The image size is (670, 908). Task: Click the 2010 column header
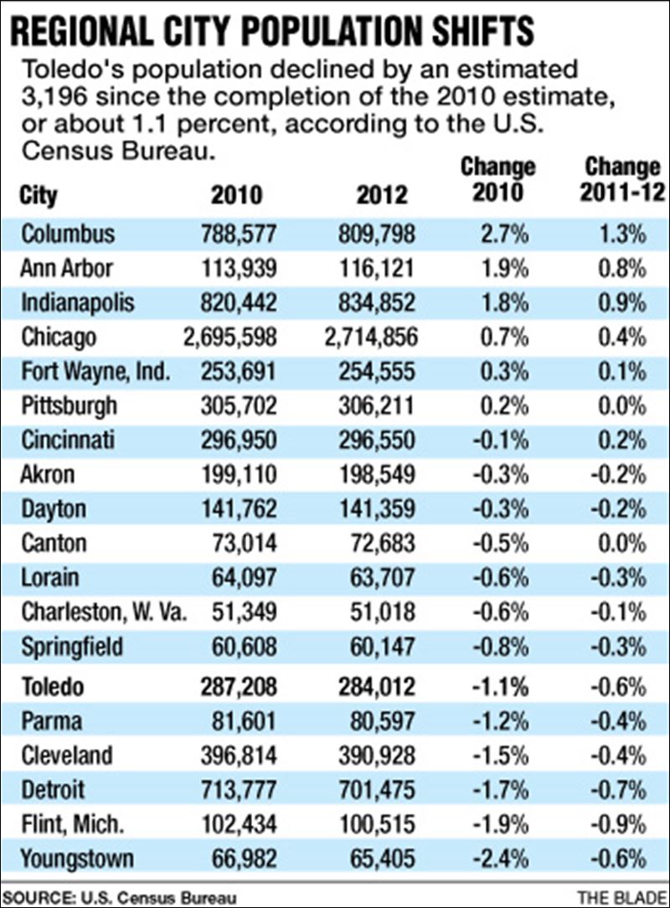[236, 195]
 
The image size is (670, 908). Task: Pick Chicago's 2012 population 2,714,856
[370, 338]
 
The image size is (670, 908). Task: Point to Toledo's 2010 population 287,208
[236, 687]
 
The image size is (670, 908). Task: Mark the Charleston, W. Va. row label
[102, 612]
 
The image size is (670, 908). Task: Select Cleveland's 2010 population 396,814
[236, 756]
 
